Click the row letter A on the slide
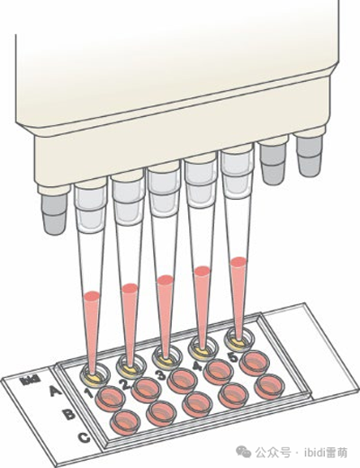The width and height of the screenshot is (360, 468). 55,391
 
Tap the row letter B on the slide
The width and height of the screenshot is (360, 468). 69,414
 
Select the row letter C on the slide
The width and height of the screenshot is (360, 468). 84,438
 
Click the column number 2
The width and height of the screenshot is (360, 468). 125,384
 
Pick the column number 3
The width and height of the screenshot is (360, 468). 160,374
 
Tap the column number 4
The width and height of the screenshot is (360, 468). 197,366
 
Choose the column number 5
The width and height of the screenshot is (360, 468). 232,357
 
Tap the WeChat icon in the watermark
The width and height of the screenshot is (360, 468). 243,452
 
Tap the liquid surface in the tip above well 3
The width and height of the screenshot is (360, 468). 166,280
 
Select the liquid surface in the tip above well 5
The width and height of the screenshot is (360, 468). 238,262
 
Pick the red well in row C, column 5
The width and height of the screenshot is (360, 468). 269,387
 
